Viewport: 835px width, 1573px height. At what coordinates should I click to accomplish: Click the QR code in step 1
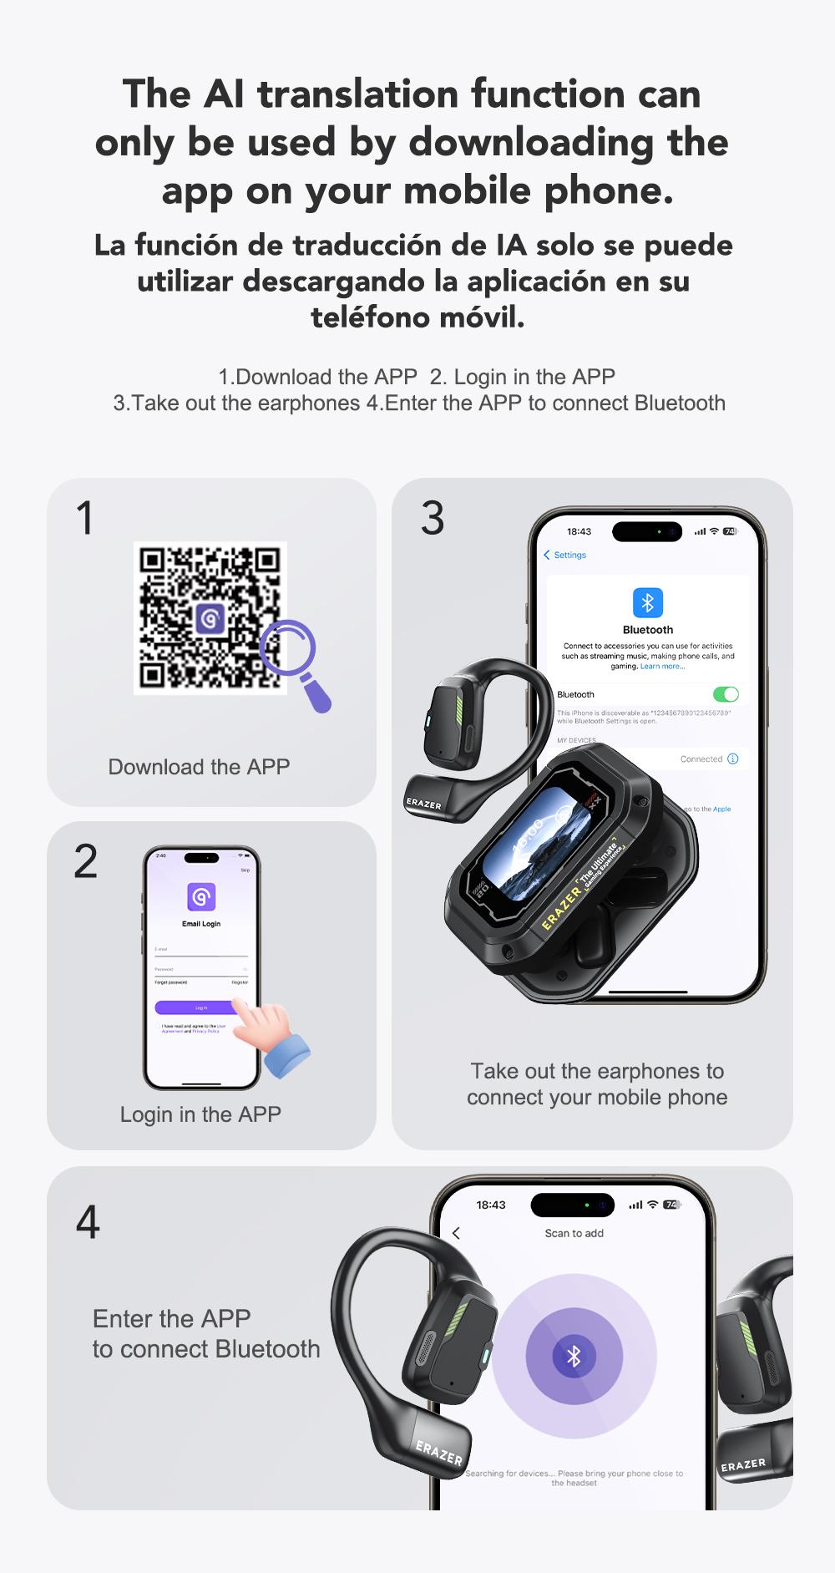[210, 617]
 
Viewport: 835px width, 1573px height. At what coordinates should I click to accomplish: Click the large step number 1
[84, 518]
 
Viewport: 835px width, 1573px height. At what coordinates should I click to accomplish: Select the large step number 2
[85, 861]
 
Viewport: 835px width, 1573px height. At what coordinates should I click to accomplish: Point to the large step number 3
[433, 518]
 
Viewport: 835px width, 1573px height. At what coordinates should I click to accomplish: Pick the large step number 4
[88, 1222]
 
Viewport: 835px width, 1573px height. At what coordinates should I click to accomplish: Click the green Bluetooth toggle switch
[726, 694]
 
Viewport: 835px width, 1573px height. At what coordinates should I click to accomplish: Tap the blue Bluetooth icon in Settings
[647, 602]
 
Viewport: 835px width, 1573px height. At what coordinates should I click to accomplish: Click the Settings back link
[565, 555]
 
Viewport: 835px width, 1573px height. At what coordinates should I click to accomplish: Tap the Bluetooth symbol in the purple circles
[574, 1356]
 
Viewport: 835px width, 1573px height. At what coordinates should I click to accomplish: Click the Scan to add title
[574, 1233]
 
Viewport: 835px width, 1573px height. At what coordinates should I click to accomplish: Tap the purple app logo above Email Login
[201, 897]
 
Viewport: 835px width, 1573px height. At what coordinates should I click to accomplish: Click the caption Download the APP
[199, 767]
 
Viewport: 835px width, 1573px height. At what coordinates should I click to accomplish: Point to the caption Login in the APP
[200, 1114]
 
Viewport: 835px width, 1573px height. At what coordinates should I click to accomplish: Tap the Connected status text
[701, 759]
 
